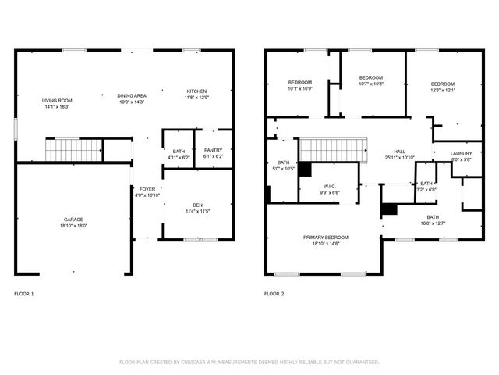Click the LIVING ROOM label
[57, 101]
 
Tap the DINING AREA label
[132, 95]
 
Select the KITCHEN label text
[196, 91]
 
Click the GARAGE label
[74, 220]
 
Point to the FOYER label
[147, 189]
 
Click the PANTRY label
[213, 150]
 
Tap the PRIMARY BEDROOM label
[326, 237]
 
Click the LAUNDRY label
[462, 154]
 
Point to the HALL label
[399, 152]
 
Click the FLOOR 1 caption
[24, 294]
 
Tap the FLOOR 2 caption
[274, 294]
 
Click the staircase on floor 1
[73, 149]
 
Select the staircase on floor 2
[333, 149]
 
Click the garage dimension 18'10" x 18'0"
[74, 226]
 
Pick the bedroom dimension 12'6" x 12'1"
[443, 90]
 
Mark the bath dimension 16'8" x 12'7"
[432, 223]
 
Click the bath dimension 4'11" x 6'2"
[179, 157]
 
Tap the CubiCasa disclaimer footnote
[249, 362]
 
